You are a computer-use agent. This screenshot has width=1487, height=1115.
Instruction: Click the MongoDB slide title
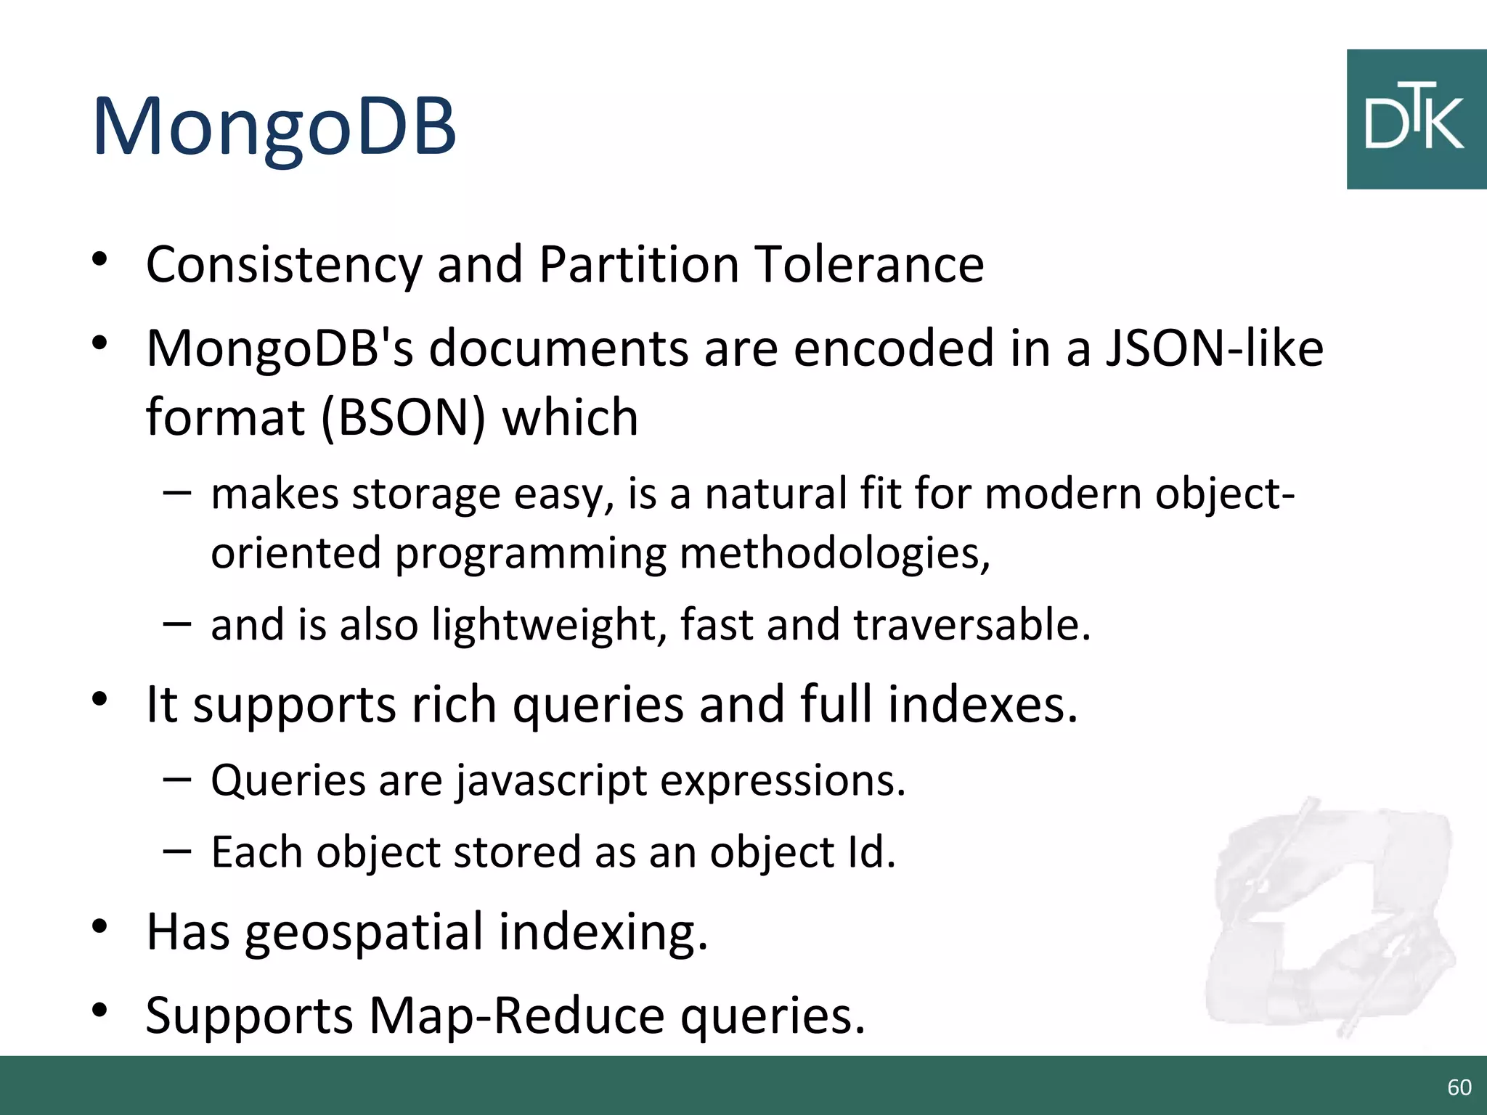274,127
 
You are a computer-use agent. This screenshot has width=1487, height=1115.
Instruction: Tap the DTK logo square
1415,120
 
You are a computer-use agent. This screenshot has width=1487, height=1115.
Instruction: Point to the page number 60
1459,1087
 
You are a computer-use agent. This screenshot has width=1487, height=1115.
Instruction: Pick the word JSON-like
1214,348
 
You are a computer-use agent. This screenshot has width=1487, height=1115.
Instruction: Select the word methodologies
834,553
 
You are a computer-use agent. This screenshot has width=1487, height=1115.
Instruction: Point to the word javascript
552,782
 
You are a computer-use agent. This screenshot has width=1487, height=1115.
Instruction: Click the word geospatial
363,933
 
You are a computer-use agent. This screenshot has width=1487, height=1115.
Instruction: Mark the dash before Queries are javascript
177,780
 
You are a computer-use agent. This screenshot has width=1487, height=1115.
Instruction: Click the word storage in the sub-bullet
426,494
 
